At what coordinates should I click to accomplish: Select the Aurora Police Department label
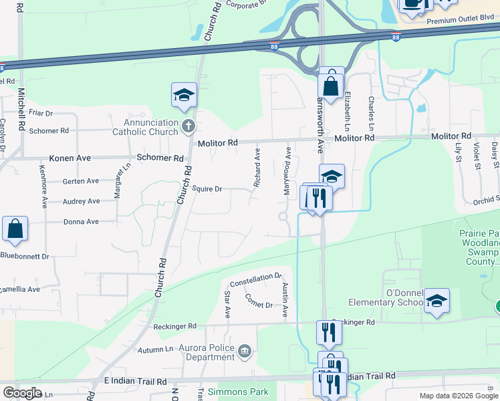(207, 352)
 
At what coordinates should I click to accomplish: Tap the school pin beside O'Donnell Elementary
(437, 301)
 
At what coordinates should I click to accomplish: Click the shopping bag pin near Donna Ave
(15, 229)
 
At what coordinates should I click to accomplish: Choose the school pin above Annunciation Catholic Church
(184, 96)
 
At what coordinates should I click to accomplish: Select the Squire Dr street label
(207, 189)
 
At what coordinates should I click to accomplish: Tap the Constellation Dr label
(255, 277)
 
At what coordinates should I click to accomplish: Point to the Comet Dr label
(259, 301)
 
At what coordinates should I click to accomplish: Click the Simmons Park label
(238, 392)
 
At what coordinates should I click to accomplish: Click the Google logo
(22, 393)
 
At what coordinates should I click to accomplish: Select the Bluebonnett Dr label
(25, 256)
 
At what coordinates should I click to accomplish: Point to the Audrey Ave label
(81, 201)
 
